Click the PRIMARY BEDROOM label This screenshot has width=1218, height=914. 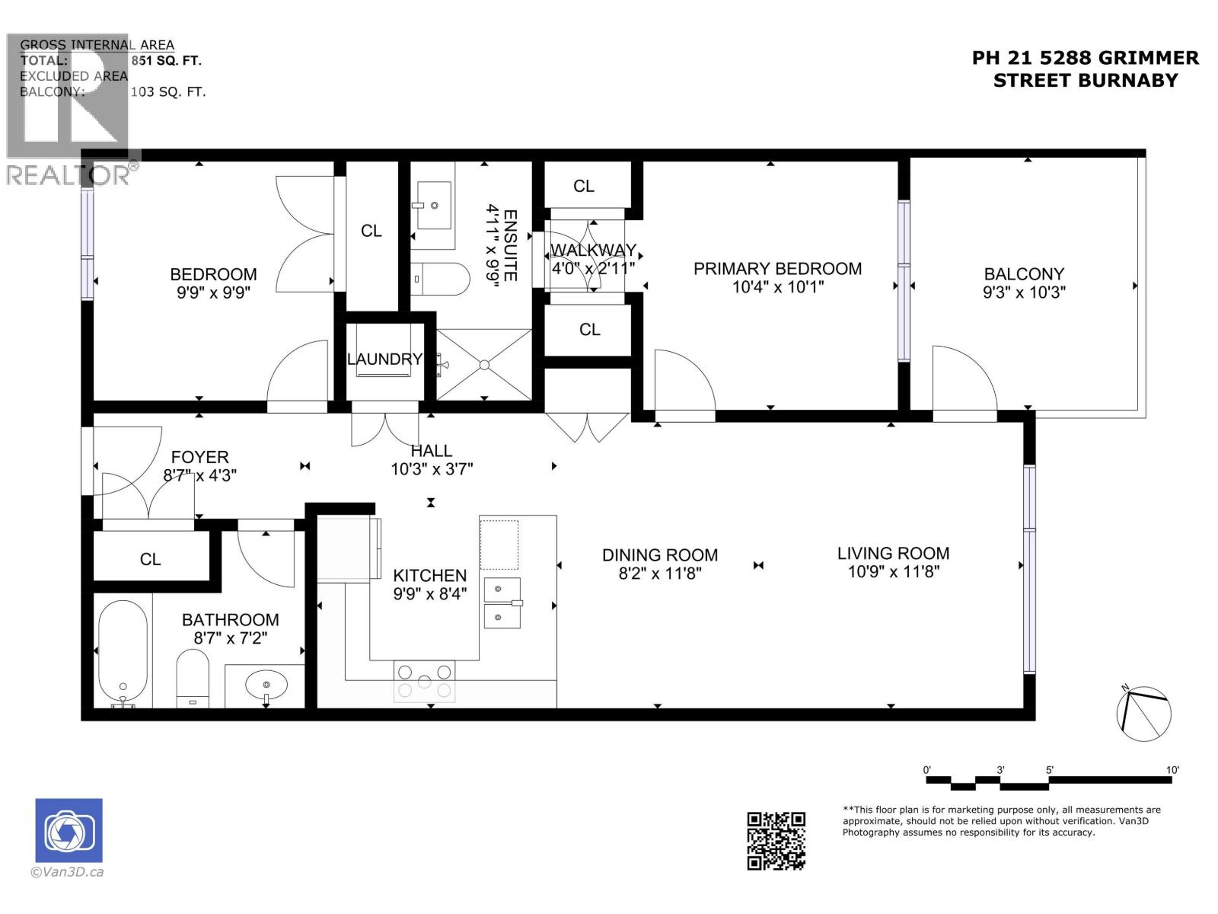click(x=777, y=269)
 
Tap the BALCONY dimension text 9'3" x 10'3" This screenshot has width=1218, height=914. click(x=1024, y=292)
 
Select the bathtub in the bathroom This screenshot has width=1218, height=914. click(x=123, y=651)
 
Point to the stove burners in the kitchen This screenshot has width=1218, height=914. click(x=425, y=681)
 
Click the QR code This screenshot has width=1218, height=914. click(x=776, y=841)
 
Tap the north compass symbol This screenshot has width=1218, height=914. click(x=1143, y=713)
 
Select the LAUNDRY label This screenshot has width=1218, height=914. click(x=384, y=360)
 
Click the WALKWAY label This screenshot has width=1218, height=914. click(x=593, y=251)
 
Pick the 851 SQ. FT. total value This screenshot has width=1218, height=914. click(x=166, y=61)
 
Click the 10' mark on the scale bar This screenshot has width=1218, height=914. click(x=1172, y=770)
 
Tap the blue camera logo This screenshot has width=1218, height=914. click(x=69, y=830)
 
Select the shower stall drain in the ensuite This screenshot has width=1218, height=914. click(x=483, y=365)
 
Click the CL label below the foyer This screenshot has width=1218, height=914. click(x=150, y=560)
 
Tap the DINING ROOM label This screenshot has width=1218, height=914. click(x=659, y=555)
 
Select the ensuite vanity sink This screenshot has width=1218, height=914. click(x=433, y=206)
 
